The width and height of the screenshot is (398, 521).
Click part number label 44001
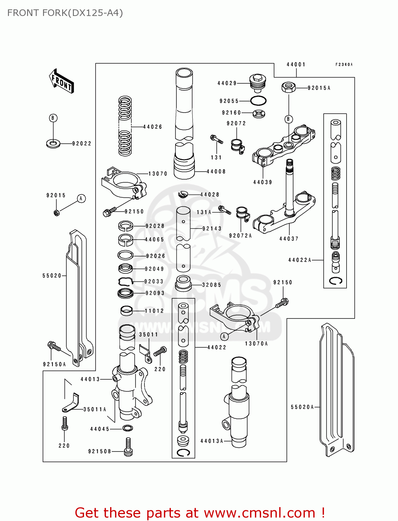coord(296,65)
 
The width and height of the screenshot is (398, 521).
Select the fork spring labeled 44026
coord(125,126)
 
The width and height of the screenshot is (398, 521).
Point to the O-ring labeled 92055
coord(258,101)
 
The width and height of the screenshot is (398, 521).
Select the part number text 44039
coord(263,182)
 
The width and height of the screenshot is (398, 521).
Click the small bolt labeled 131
coord(216,140)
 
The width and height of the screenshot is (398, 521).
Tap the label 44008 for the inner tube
coord(216,172)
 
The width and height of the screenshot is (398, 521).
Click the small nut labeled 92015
coord(57,212)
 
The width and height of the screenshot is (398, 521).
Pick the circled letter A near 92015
coord(81,199)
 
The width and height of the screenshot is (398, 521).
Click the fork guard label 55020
coord(52,276)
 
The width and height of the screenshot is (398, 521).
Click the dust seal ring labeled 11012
coord(126,310)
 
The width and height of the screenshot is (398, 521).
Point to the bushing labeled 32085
coord(183,283)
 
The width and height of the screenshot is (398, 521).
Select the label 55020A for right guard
coord(302,407)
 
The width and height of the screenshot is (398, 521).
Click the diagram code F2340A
coord(344,65)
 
